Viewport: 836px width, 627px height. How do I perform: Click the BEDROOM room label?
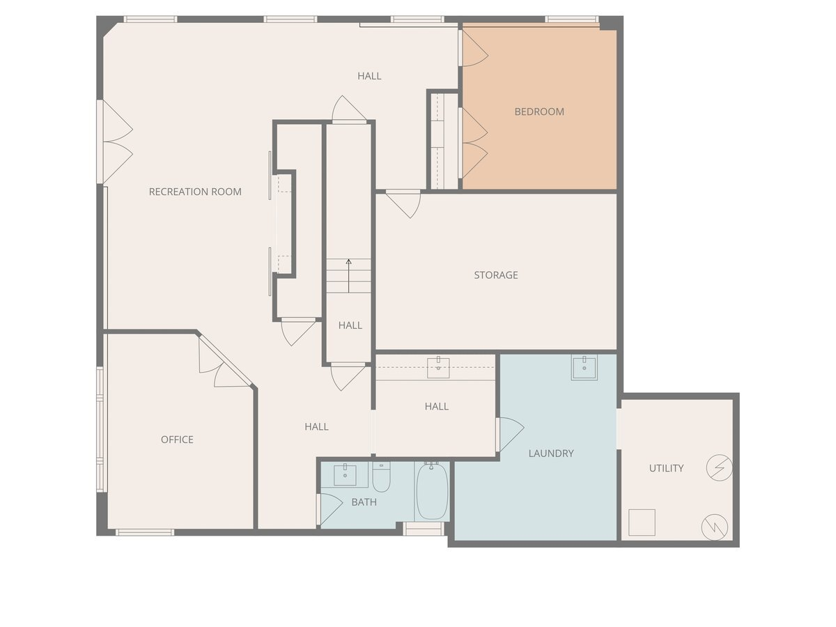click(x=539, y=111)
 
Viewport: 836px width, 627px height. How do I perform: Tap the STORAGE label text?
click(x=496, y=275)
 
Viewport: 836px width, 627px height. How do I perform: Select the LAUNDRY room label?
click(x=551, y=454)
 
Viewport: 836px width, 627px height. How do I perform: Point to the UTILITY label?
click(x=666, y=468)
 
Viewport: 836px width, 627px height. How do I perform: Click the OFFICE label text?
click(x=177, y=440)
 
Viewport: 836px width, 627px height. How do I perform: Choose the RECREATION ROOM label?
click(x=195, y=192)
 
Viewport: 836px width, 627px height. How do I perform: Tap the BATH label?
click(x=364, y=502)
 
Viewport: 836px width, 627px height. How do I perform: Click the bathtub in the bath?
click(x=432, y=491)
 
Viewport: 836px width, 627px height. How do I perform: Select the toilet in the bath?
click(x=381, y=478)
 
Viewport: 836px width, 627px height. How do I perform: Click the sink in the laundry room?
click(x=584, y=366)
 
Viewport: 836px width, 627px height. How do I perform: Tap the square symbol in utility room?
click(x=642, y=522)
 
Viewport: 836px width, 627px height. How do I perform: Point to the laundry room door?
click(x=510, y=433)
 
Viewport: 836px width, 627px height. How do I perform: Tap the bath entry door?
click(x=329, y=509)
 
